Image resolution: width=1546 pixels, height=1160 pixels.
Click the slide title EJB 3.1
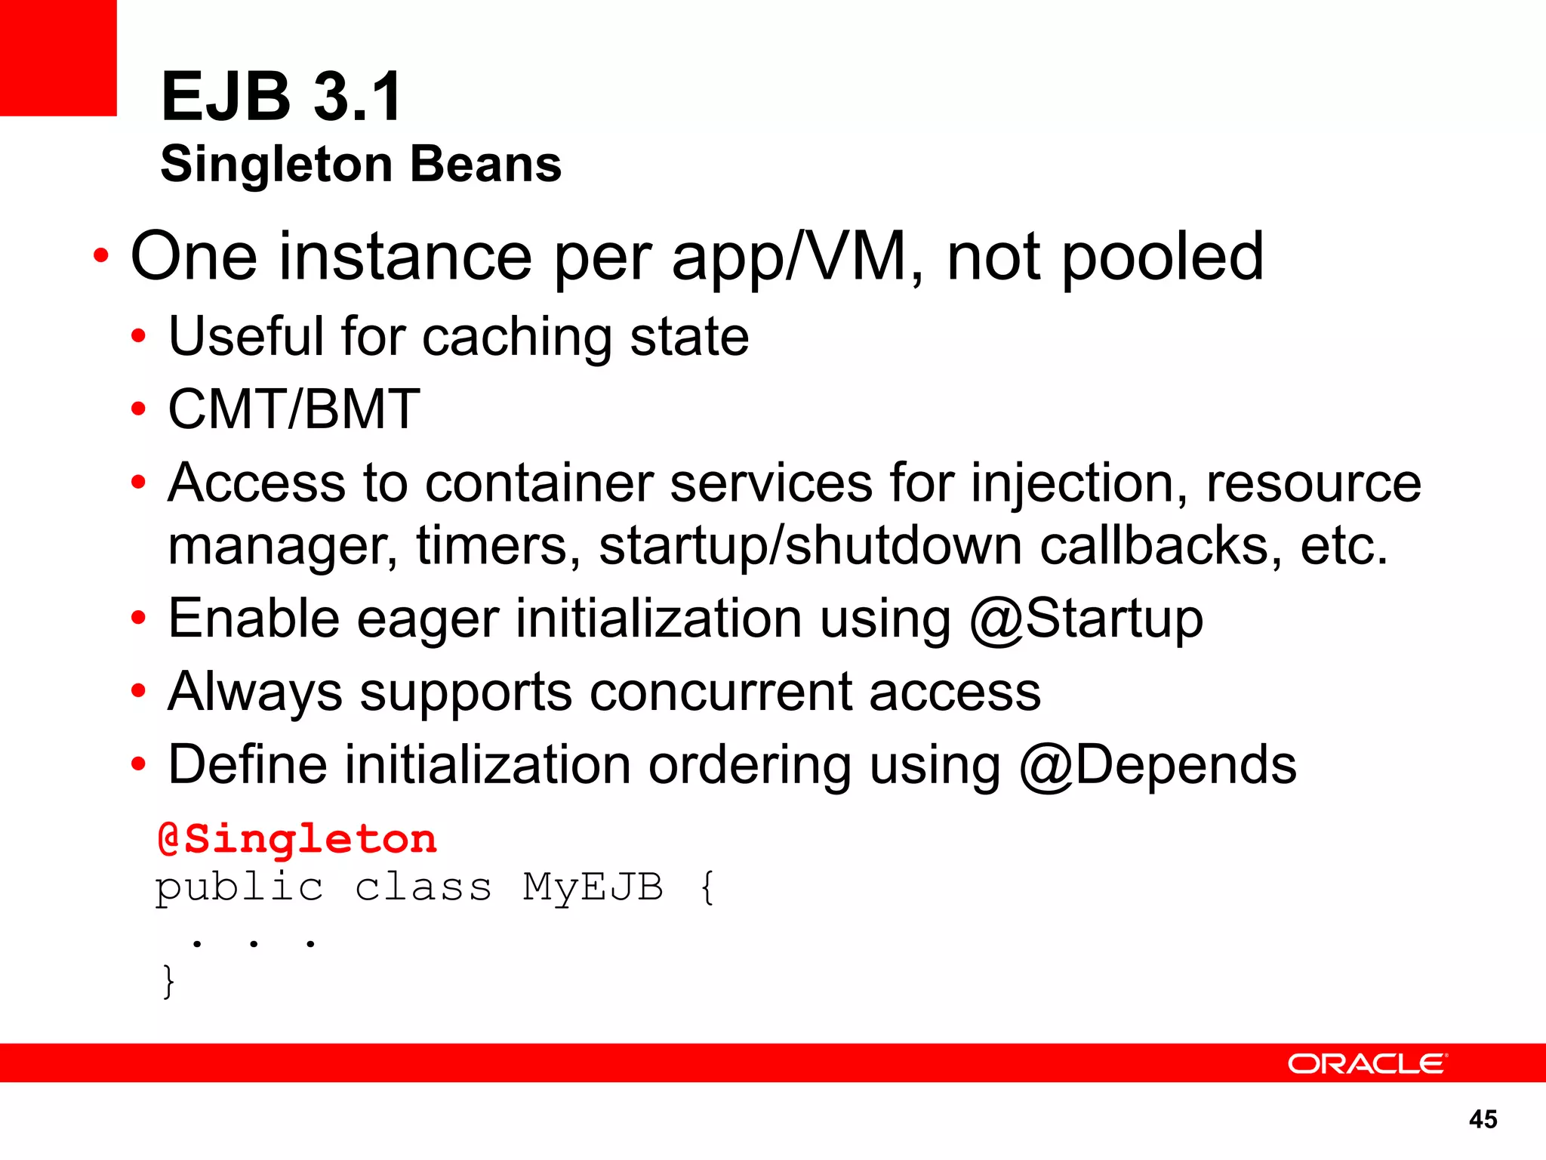coord(282,97)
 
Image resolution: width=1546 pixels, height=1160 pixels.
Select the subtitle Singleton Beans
coord(361,164)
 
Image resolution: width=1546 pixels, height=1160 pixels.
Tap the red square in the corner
coord(58,57)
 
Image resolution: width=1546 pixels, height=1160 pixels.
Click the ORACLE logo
coord(1367,1063)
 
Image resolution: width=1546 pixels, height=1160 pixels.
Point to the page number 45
coord(1483,1118)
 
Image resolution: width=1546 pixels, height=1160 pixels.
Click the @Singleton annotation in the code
coord(297,839)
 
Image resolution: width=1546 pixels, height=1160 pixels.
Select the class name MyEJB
coord(593,887)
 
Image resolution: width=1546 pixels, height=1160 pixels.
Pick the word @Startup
coord(1086,619)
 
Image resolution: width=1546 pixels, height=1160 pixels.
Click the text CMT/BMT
coord(294,409)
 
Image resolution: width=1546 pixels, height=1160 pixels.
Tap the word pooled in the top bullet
coord(1163,257)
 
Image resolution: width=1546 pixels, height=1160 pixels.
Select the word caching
coord(516,337)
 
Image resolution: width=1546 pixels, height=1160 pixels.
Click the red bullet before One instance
coord(100,256)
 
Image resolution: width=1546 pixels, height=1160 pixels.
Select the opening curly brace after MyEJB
coord(707,887)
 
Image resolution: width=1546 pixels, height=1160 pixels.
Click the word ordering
coord(750,765)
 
